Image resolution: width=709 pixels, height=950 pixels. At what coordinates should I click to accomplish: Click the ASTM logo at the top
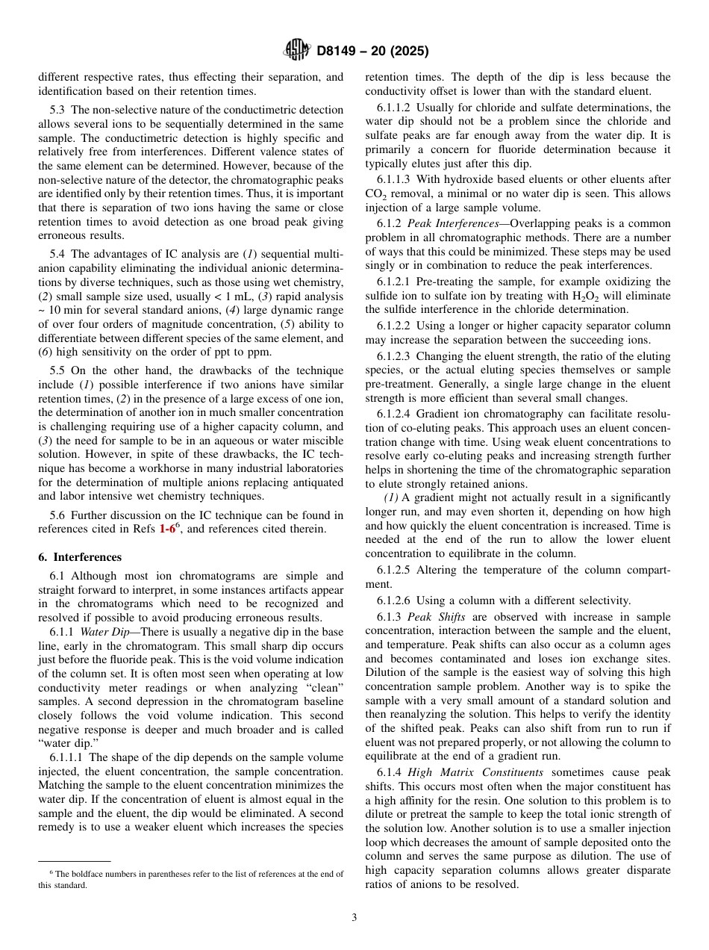[296, 51]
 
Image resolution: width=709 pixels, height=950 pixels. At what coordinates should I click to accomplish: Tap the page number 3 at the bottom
[354, 918]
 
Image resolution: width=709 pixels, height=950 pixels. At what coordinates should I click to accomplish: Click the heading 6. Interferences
[80, 557]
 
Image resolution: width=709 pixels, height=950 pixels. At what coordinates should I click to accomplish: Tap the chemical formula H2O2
[610, 296]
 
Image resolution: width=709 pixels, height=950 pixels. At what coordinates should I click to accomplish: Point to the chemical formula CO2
[375, 194]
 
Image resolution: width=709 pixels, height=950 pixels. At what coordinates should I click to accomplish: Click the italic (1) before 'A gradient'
[390, 498]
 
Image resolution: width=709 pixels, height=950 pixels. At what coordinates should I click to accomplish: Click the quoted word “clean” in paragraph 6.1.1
[323, 688]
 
